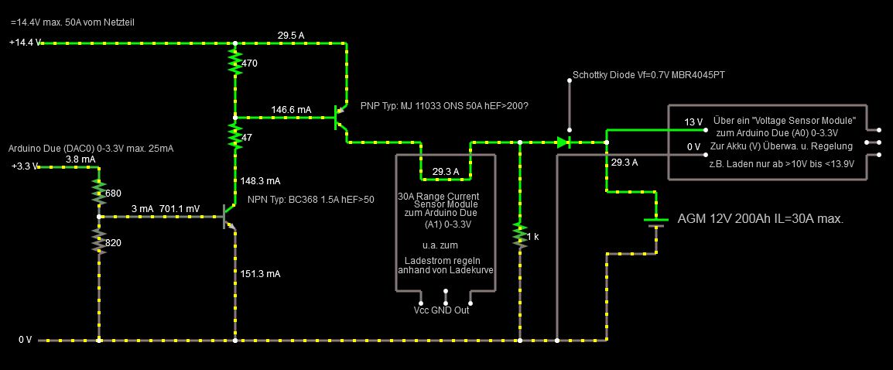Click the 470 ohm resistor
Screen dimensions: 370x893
pos(234,61)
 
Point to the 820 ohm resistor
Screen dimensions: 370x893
pos(99,241)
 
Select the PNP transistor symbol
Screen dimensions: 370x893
pos(340,118)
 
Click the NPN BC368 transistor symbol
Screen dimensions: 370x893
pos(229,216)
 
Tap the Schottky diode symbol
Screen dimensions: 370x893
pos(563,142)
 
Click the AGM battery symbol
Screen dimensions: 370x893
pos(656,221)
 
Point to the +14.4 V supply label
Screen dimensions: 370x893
pos(25,43)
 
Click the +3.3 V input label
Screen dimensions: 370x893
pos(24,166)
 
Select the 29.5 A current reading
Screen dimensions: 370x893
pos(291,35)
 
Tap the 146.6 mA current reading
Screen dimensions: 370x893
pos(291,110)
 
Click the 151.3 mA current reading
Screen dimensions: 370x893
pos(260,273)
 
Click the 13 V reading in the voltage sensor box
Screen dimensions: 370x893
pos(693,122)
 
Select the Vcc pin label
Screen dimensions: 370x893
pos(422,310)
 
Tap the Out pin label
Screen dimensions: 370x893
pos(461,310)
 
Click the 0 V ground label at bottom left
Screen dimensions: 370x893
pos(26,340)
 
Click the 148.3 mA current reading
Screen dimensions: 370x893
pos(260,181)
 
